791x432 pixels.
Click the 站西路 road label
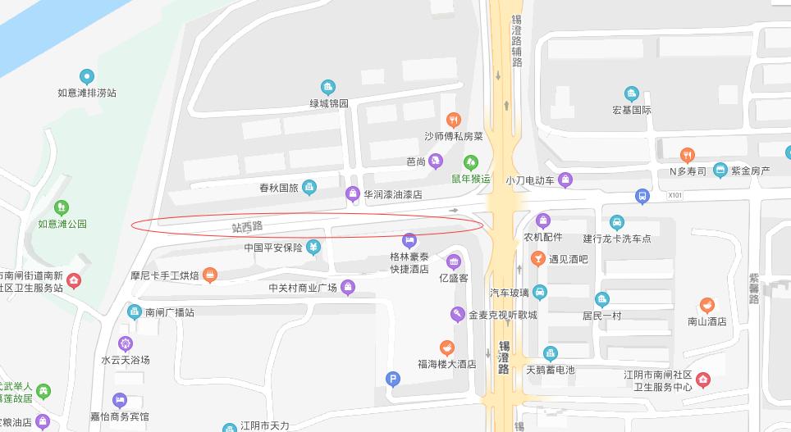[247, 225]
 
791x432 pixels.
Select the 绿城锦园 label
[328, 103]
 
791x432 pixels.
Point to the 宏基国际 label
[631, 110]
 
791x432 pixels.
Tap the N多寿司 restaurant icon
[688, 154]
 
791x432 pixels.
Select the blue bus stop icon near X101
[642, 196]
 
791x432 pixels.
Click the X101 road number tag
[674, 196]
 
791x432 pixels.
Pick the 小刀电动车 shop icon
[565, 180]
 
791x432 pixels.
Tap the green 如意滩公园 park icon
[62, 207]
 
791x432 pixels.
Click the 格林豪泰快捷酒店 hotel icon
[409, 240]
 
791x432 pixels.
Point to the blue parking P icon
[393, 378]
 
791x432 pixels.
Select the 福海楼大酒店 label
[446, 364]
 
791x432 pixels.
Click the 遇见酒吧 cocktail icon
[537, 259]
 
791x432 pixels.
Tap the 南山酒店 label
[706, 321]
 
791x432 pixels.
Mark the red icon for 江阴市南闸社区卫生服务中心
[702, 380]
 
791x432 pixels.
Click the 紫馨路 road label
[753, 288]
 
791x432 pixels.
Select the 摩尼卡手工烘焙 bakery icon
[210, 275]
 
